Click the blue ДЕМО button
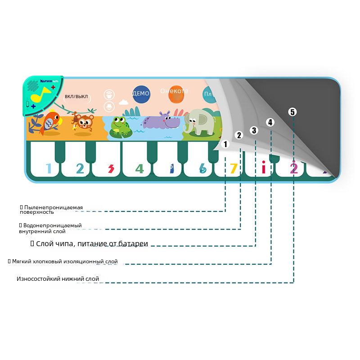(x=140, y=94)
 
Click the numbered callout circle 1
(x=225, y=144)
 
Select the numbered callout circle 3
(x=254, y=130)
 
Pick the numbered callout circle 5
(x=293, y=112)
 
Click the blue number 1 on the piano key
(x=49, y=169)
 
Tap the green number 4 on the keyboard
(x=139, y=169)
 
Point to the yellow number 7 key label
(x=233, y=169)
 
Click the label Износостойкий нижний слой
(x=58, y=279)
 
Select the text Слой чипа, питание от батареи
(x=89, y=244)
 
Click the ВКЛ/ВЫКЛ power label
(x=76, y=96)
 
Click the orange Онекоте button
(x=175, y=92)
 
